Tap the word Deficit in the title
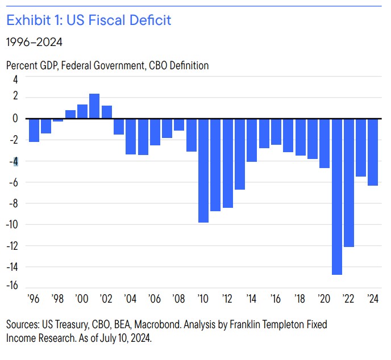coord(149,21)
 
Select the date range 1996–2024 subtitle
coord(34,42)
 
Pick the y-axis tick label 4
coord(15,76)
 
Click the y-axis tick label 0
coord(15,119)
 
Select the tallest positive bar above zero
coord(94,106)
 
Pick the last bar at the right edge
coord(373,152)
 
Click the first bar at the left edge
coord(34,130)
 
